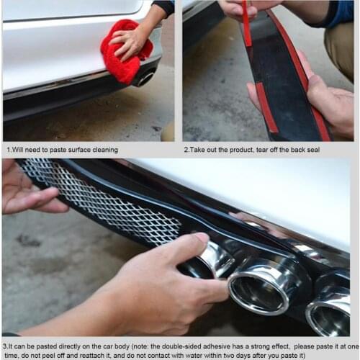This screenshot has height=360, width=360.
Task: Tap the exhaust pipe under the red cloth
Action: coord(147,76)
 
